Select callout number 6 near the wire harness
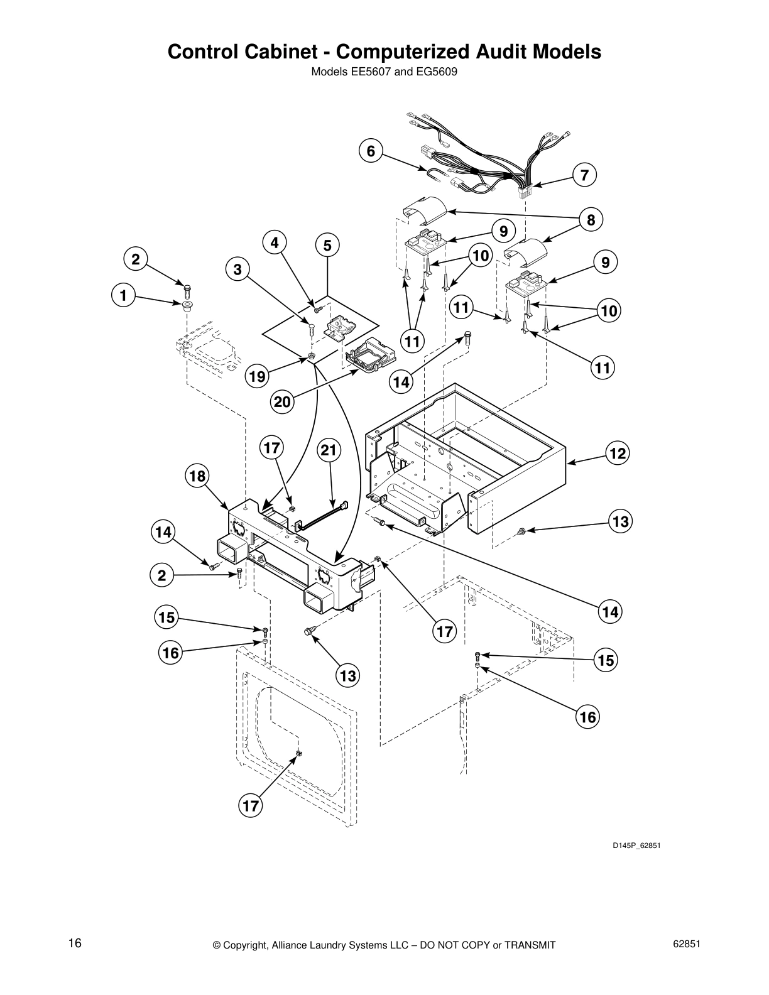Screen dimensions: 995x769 [x=371, y=151]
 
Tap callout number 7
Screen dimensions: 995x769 [x=584, y=175]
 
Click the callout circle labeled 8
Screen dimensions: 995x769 [x=591, y=220]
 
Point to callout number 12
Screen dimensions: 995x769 [x=618, y=453]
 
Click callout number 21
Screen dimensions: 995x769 [x=329, y=450]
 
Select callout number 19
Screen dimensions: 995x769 [x=258, y=376]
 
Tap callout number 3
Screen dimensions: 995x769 [x=237, y=270]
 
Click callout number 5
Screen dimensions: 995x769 [x=327, y=246]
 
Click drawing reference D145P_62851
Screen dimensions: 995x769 [x=636, y=845]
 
